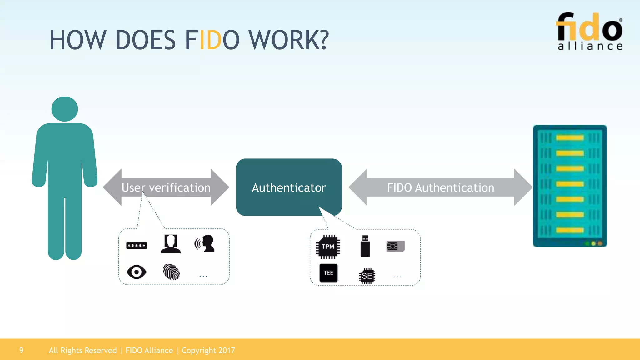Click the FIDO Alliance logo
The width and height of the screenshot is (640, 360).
pyautogui.click(x=589, y=32)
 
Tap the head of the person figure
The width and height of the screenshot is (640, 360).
pyautogui.click(x=65, y=109)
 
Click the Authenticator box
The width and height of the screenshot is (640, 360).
pyautogui.click(x=289, y=187)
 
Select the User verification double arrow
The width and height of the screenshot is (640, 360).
pyautogui.click(x=166, y=187)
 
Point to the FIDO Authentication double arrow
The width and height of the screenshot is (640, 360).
pyautogui.click(x=440, y=187)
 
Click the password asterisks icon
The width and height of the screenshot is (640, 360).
pyautogui.click(x=137, y=246)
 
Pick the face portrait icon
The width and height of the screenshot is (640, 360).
pyautogui.click(x=171, y=244)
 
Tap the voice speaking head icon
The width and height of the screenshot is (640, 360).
pyautogui.click(x=205, y=244)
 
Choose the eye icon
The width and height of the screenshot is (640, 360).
pyautogui.click(x=137, y=272)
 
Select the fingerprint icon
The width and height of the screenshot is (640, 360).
pyautogui.click(x=171, y=272)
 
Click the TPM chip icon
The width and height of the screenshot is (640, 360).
pyautogui.click(x=328, y=247)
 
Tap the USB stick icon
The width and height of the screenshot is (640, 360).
pyautogui.click(x=365, y=247)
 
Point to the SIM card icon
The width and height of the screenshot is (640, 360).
pyautogui.click(x=395, y=247)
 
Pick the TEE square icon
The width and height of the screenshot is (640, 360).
pyautogui.click(x=328, y=273)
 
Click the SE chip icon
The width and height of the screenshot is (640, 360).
pyautogui.click(x=367, y=276)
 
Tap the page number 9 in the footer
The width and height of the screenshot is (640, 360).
pyautogui.click(x=21, y=350)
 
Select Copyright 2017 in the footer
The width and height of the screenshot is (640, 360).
pyautogui.click(x=208, y=351)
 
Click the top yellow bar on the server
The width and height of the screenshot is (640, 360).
pyautogui.click(x=570, y=138)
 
